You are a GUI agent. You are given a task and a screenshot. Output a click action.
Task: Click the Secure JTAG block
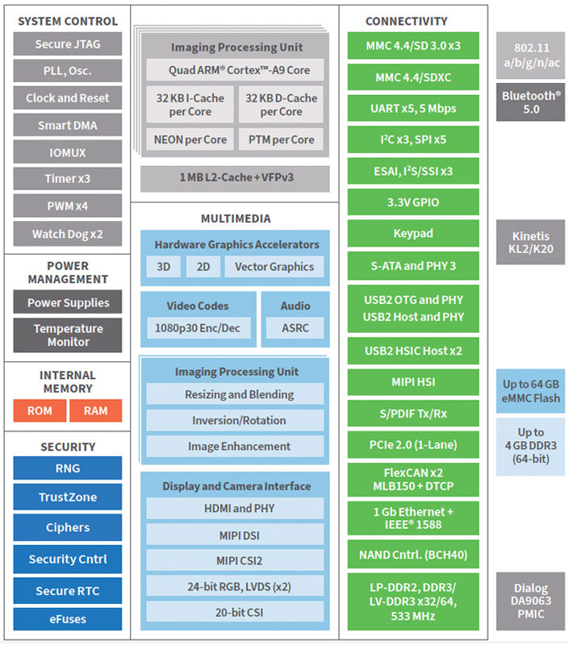click(x=68, y=44)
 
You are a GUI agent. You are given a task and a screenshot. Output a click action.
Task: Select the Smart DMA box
click(x=68, y=126)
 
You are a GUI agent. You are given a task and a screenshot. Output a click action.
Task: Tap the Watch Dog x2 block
click(x=68, y=235)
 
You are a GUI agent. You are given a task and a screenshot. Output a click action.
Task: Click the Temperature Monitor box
click(x=68, y=335)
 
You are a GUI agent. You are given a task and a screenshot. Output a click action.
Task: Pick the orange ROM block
click(x=40, y=410)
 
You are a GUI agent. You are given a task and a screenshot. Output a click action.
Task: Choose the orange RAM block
click(x=95, y=410)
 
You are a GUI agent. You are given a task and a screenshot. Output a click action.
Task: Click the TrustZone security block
click(x=68, y=497)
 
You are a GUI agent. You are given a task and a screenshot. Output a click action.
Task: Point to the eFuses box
click(x=68, y=619)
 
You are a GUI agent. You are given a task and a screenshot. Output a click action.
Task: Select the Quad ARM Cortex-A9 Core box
click(x=234, y=70)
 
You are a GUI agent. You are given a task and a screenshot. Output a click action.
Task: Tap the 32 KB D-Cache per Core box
click(x=281, y=105)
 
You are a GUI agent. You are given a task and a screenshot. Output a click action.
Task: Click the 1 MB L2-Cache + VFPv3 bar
click(x=234, y=178)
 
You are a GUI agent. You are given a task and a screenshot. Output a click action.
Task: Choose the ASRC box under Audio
click(x=294, y=328)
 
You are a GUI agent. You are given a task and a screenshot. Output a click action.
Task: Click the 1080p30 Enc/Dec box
click(x=198, y=328)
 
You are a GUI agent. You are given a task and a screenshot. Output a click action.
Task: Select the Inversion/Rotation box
click(x=234, y=420)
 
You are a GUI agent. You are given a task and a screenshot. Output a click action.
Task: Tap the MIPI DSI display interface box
click(x=234, y=535)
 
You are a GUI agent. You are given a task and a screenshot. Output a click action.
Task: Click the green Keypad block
click(x=413, y=234)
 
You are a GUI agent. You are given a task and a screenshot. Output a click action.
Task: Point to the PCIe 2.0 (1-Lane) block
click(x=413, y=445)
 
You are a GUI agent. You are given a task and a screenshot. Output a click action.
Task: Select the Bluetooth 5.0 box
click(x=530, y=102)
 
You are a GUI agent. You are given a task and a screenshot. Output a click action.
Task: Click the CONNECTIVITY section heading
click(x=413, y=21)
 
